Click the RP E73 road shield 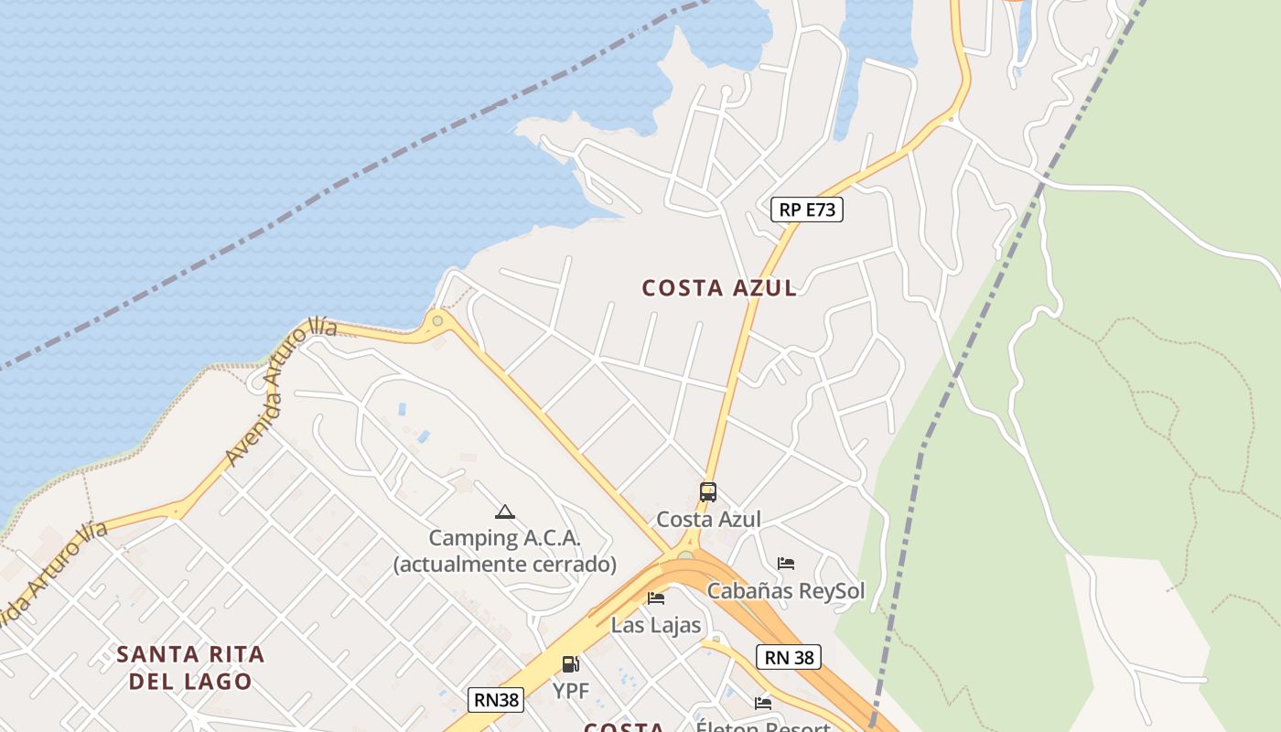[806, 210]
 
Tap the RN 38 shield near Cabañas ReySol [788, 656]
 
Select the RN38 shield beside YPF [496, 700]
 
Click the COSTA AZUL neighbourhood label [719, 287]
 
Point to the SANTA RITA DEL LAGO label [191, 667]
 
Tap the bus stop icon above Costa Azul [707, 491]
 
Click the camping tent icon [504, 511]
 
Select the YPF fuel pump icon [570, 663]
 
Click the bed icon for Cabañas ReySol [785, 563]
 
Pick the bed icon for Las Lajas [655, 598]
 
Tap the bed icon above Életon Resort [763, 703]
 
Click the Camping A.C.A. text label [504, 538]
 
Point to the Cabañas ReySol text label [785, 590]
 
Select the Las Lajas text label [655, 625]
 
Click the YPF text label [570, 690]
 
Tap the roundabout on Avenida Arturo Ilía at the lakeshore [437, 320]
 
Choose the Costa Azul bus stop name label [708, 519]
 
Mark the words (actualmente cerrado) [504, 564]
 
